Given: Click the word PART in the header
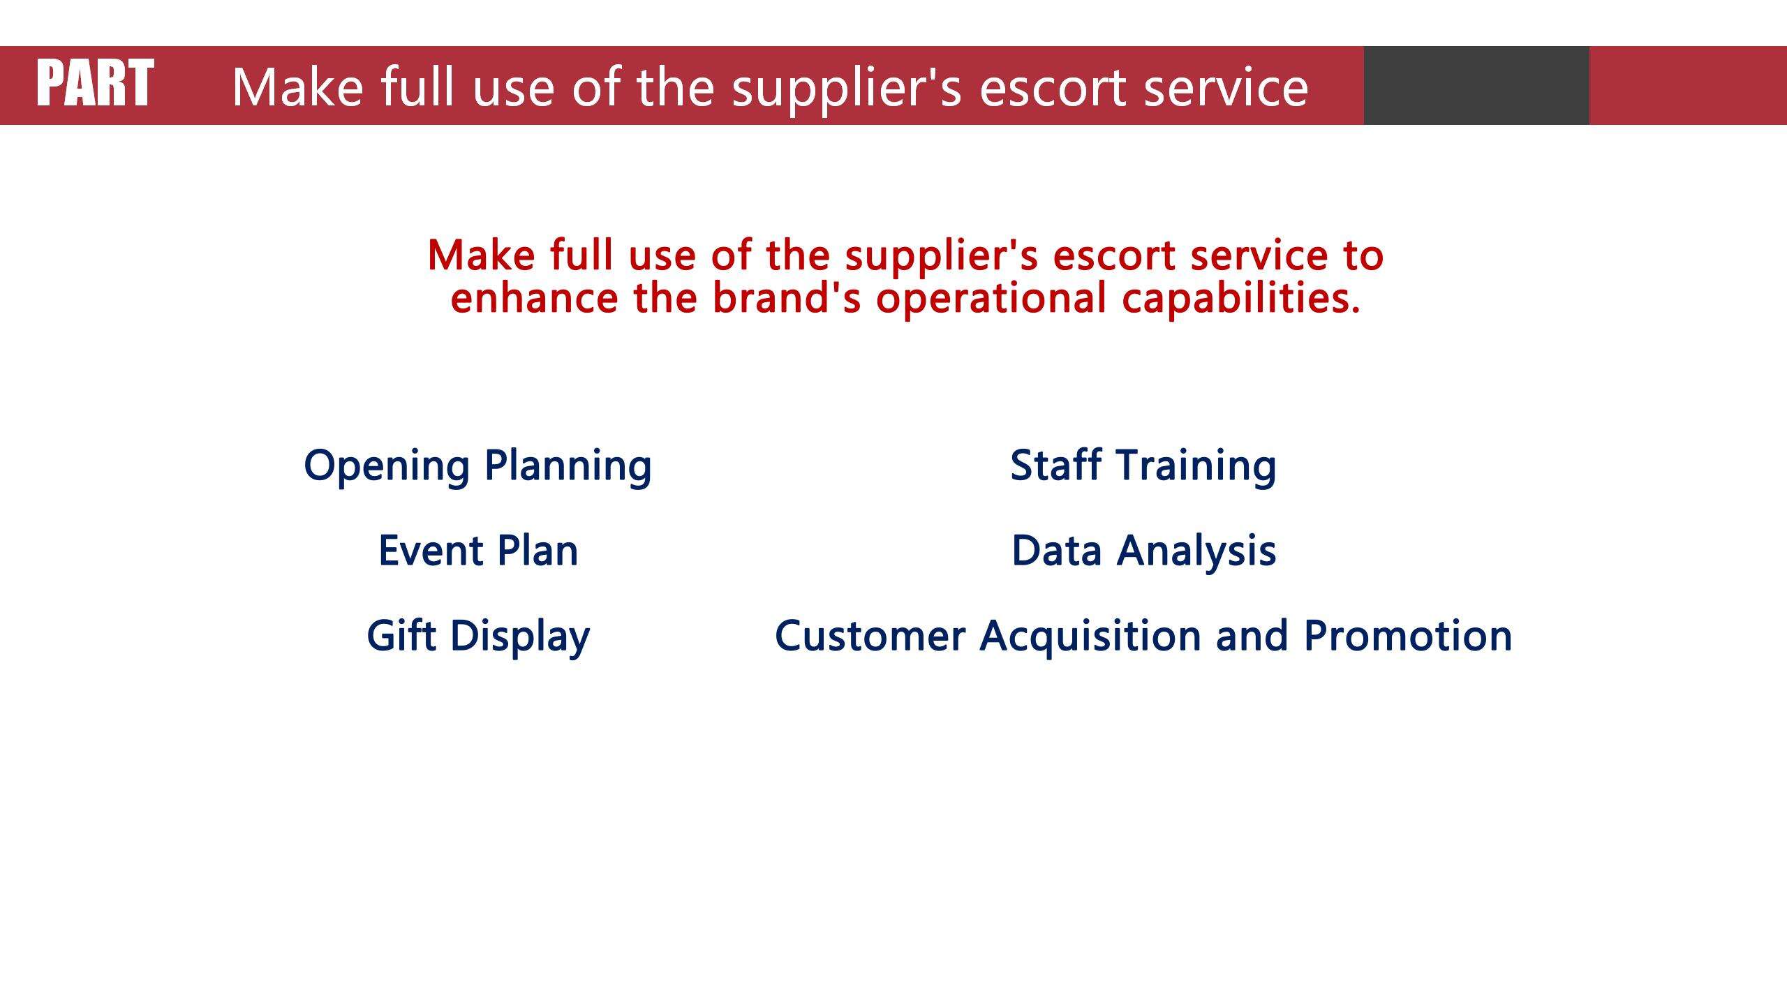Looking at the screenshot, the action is pyautogui.click(x=95, y=83).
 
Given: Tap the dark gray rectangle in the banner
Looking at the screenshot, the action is pyautogui.click(x=1476, y=85).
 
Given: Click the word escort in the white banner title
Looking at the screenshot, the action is pyautogui.click(x=1053, y=88).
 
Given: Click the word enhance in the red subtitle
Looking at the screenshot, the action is pyautogui.click(x=535, y=298).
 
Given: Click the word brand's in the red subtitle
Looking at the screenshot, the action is pyautogui.click(x=787, y=297).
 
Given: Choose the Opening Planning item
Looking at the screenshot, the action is pyautogui.click(x=477, y=466).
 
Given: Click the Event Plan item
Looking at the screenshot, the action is pyautogui.click(x=478, y=551).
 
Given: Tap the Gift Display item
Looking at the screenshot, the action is pyautogui.click(x=478, y=636).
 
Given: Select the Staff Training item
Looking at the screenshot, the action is pyautogui.click(x=1143, y=466).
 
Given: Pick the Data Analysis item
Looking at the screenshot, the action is pyautogui.click(x=1144, y=551).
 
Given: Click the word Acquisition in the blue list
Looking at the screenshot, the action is pyautogui.click(x=1090, y=636).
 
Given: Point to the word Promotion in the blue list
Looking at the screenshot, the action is pyautogui.click(x=1408, y=636).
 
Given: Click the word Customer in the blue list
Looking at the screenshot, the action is pyautogui.click(x=870, y=636).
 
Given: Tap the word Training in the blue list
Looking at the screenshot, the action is pyautogui.click(x=1196, y=466).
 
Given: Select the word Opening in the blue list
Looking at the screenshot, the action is pyautogui.click(x=387, y=466).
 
